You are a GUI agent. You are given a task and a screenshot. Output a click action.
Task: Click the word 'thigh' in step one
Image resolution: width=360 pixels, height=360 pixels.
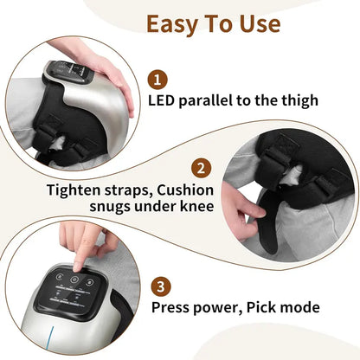295,101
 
